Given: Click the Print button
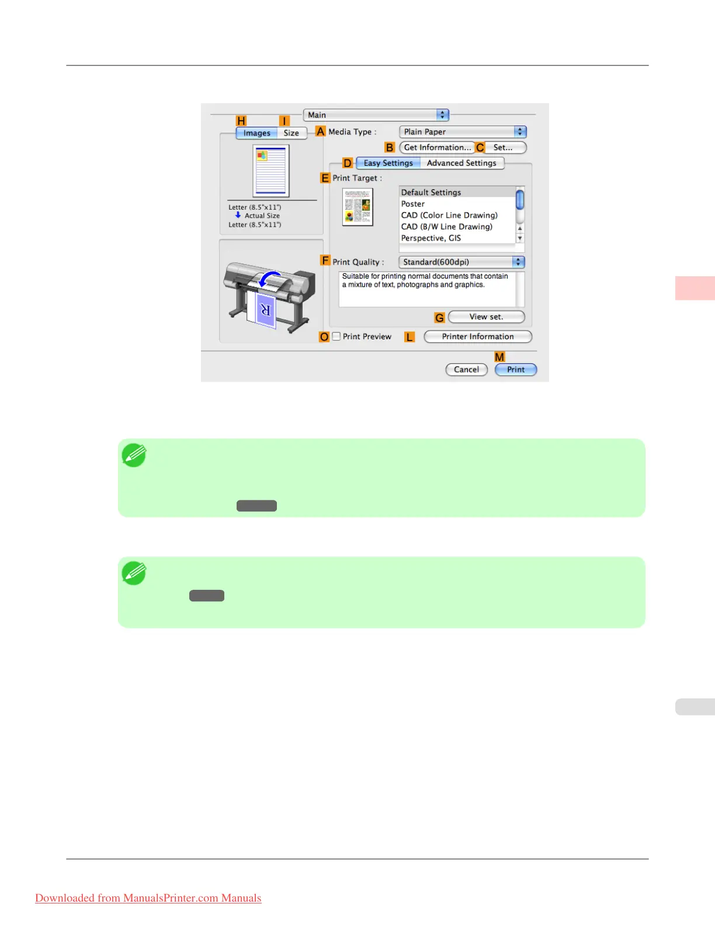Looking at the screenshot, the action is click(515, 370).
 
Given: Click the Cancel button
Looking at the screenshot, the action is click(466, 370).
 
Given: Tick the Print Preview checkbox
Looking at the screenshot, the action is click(336, 336).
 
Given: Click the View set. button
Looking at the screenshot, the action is click(486, 317).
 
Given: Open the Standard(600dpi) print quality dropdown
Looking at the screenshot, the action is click(461, 262).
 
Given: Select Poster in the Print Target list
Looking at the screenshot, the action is click(413, 204).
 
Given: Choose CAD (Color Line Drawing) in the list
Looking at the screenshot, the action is click(449, 215).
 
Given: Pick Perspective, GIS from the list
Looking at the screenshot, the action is click(431, 238).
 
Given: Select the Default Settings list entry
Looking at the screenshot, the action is click(431, 193).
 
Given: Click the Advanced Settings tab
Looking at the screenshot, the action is click(461, 164).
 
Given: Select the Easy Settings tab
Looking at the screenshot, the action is click(388, 164).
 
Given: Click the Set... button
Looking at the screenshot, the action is click(502, 148).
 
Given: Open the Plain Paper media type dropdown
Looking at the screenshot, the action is click(463, 132).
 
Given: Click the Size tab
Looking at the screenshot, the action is click(291, 133).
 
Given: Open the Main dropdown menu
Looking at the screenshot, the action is click(376, 115).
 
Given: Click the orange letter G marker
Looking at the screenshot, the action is click(439, 318).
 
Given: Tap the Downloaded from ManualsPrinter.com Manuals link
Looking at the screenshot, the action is click(148, 898).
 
